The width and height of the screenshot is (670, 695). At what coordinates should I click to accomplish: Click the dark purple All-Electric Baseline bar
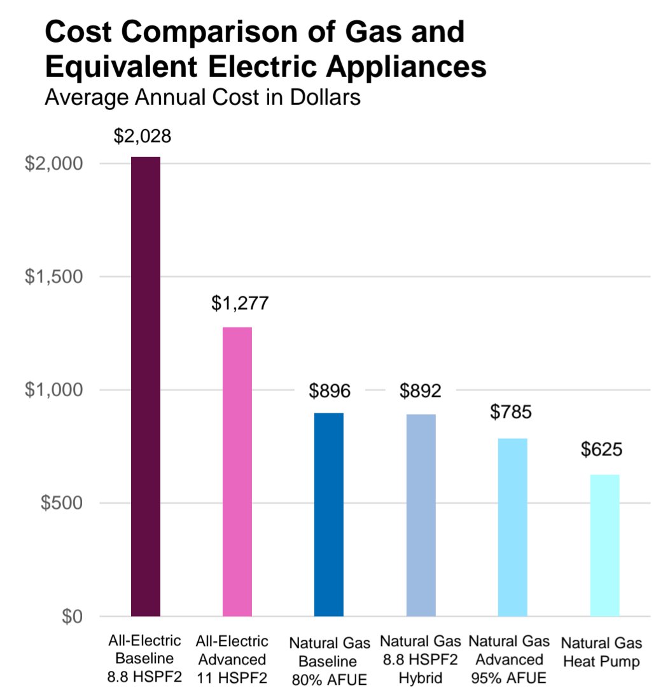pyautogui.click(x=145, y=386)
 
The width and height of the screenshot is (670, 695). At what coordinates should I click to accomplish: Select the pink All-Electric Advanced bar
pyautogui.click(x=237, y=471)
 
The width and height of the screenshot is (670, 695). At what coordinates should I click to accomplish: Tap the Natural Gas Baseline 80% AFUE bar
pyautogui.click(x=329, y=514)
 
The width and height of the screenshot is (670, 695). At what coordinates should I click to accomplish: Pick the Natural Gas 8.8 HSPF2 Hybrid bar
pyautogui.click(x=421, y=515)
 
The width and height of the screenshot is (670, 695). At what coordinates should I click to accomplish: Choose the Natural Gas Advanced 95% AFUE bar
pyautogui.click(x=512, y=527)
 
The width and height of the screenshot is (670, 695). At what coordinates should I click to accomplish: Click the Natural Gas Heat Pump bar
pyautogui.click(x=604, y=545)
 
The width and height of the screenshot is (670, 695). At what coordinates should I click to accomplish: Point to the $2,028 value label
pyautogui.click(x=143, y=136)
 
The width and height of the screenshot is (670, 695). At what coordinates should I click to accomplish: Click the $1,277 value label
pyautogui.click(x=240, y=303)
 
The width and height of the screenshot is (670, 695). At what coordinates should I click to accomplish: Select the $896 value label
pyautogui.click(x=330, y=391)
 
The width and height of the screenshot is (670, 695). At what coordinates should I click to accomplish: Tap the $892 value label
pyautogui.click(x=421, y=391)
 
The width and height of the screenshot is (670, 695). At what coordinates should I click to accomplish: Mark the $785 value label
pyautogui.click(x=511, y=412)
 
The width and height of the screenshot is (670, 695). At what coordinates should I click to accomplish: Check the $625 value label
pyautogui.click(x=601, y=450)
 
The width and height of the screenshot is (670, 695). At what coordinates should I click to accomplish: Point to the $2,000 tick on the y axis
pyautogui.click(x=53, y=163)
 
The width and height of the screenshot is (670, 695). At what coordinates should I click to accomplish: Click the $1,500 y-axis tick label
pyautogui.click(x=53, y=277)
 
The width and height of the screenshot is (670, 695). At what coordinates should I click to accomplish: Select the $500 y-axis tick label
pyautogui.click(x=62, y=503)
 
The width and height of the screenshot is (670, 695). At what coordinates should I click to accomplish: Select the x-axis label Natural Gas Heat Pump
pyautogui.click(x=601, y=652)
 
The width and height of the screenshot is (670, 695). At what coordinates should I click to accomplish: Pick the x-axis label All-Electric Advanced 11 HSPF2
pyautogui.click(x=232, y=659)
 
